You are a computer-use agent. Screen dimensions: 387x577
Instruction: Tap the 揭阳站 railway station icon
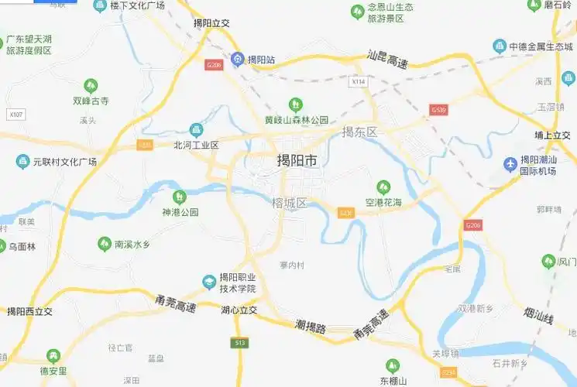click(x=238, y=59)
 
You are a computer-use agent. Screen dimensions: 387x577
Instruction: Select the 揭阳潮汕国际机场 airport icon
click(x=510, y=164)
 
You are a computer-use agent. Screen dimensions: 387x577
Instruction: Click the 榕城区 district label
click(x=290, y=204)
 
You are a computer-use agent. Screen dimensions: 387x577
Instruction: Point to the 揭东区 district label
click(x=359, y=132)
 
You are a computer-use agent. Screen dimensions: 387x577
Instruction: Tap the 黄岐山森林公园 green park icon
click(x=295, y=104)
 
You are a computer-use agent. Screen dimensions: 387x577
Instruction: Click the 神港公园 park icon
click(x=180, y=197)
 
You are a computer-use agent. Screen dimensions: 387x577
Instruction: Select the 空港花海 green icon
click(x=383, y=187)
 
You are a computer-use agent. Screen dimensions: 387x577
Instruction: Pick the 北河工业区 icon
click(x=196, y=129)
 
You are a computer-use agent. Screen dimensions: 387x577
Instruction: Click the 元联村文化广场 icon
click(x=22, y=162)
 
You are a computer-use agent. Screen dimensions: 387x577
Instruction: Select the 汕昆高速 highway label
click(x=387, y=59)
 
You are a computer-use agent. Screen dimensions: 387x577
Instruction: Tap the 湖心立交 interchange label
click(x=239, y=310)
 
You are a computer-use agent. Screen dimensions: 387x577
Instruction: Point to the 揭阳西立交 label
click(x=29, y=311)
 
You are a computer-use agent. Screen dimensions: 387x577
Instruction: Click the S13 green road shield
click(x=239, y=342)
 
